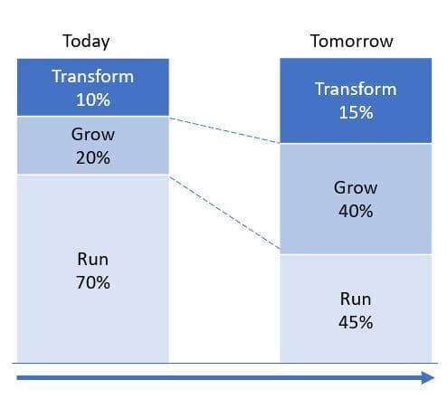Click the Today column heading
pos(86,42)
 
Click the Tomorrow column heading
pos(352,41)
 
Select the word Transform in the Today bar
pos(93,76)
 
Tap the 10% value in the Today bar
pos(93,100)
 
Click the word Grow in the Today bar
pos(93,134)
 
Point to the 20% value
pos(93,157)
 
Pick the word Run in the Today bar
pos(92,259)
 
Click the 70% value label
pos(93,282)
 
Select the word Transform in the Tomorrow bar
pos(356,89)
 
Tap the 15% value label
pos(356,112)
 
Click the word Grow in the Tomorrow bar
pos(356,187)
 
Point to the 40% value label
pos(356,211)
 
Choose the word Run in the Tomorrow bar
pos(356,299)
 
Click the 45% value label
pos(356,322)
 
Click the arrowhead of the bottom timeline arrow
pos(428,377)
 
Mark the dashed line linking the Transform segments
pos(224,130)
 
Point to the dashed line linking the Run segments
pos(224,213)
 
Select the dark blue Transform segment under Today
pos(93,87)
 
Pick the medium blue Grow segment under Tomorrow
pos(356,199)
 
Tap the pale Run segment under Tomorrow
pos(356,309)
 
